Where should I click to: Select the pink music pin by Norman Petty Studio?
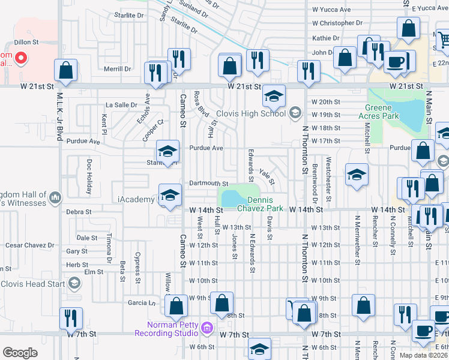[207, 328]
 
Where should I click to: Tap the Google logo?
[20, 353]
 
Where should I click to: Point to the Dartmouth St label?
[208, 184]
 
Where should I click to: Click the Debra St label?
[79, 212]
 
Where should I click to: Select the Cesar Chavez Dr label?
[29, 245]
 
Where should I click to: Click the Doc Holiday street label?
[89, 176]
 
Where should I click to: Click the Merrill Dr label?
[117, 69]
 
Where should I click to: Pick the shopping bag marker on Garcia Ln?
[176, 307]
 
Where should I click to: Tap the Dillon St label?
[26, 43]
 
